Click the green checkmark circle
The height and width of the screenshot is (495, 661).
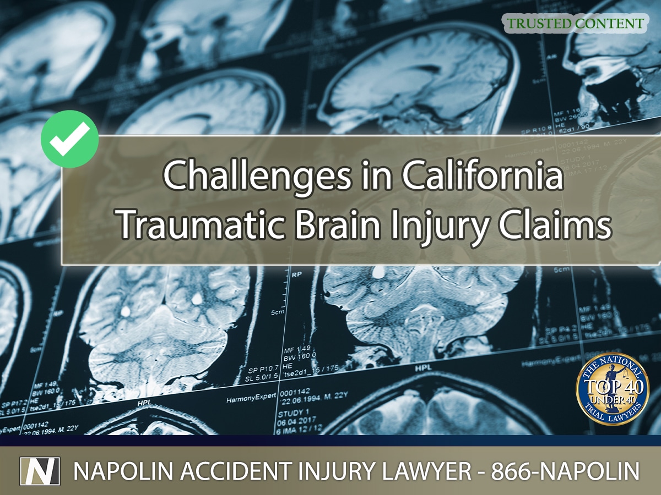coord(70,139)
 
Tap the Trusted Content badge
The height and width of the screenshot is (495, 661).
coord(575,24)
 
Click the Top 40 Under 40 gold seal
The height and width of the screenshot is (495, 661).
coord(612,389)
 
